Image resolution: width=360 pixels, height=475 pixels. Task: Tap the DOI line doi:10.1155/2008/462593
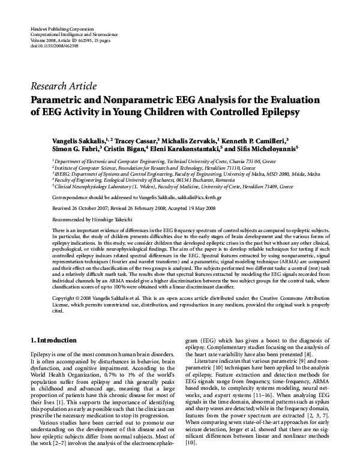[x=55, y=45]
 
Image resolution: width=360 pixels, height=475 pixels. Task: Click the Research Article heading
[x=63, y=86]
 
